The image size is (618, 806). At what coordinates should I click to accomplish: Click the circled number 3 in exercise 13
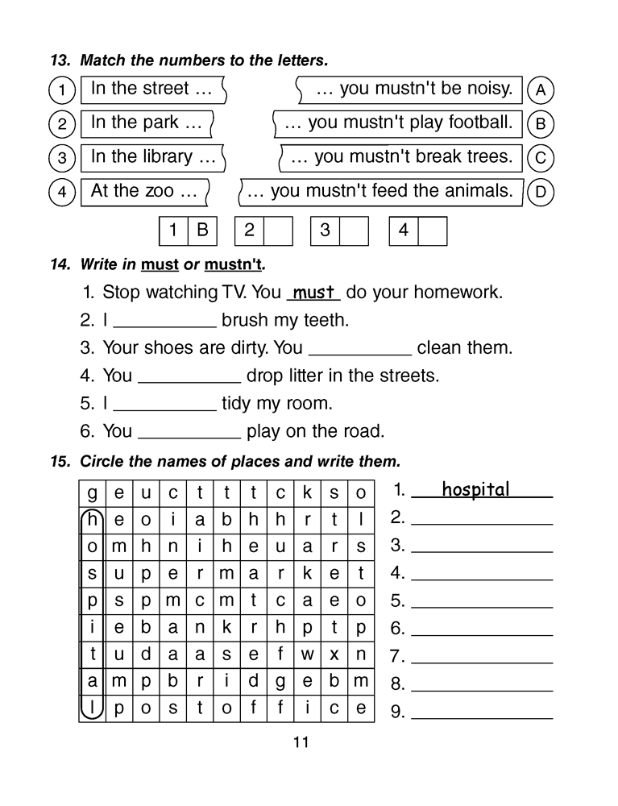tap(62, 158)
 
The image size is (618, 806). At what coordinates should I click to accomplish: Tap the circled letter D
tap(541, 193)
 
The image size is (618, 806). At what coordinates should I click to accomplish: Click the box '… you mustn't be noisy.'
tap(412, 89)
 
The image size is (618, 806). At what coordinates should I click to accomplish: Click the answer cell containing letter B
tap(202, 231)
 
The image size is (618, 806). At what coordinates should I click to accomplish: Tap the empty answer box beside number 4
tap(433, 231)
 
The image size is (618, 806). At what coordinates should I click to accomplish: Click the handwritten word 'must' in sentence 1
tap(314, 293)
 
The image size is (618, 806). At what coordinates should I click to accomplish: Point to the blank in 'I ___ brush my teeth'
tap(164, 322)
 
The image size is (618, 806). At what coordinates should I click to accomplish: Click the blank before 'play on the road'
tap(189, 432)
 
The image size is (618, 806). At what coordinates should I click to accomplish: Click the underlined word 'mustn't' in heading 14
tap(234, 264)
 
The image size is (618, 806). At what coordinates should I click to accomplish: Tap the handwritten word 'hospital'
tap(475, 489)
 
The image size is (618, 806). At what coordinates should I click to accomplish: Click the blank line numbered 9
tap(482, 713)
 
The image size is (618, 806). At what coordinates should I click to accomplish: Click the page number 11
tap(301, 742)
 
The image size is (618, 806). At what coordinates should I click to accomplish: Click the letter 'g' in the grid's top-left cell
tap(93, 492)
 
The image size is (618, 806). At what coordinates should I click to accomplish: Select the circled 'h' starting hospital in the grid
tap(93, 520)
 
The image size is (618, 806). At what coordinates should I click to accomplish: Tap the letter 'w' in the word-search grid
tap(307, 654)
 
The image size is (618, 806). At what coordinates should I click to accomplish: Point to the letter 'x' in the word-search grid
tap(334, 654)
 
